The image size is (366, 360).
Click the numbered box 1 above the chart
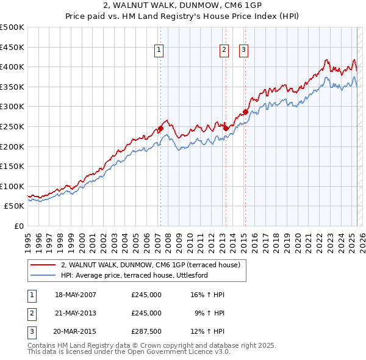point(159,51)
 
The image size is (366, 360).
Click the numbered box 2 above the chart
point(224,51)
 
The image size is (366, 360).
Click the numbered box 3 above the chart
point(243,51)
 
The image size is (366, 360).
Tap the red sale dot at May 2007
point(160,129)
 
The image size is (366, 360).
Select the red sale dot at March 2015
point(245,112)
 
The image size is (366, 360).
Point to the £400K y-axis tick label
point(12,67)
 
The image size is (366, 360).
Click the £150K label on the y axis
point(12,166)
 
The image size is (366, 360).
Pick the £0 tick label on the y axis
point(19,226)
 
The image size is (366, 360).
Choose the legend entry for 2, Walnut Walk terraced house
point(151,265)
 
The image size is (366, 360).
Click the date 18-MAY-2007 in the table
point(76,295)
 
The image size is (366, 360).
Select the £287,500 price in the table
point(146,333)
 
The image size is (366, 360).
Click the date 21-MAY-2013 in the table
point(76,314)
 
